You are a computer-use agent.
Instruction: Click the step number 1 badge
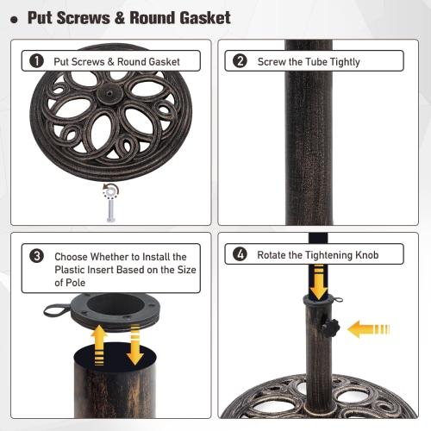click(x=36, y=61)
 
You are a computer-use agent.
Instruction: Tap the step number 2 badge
click(x=240, y=61)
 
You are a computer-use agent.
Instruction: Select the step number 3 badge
click(x=36, y=256)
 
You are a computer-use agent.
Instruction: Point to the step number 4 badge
click(x=240, y=255)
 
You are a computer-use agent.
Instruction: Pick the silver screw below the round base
click(x=110, y=206)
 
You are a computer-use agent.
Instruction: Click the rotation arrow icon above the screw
click(x=109, y=189)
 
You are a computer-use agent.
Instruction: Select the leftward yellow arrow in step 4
click(x=372, y=328)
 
